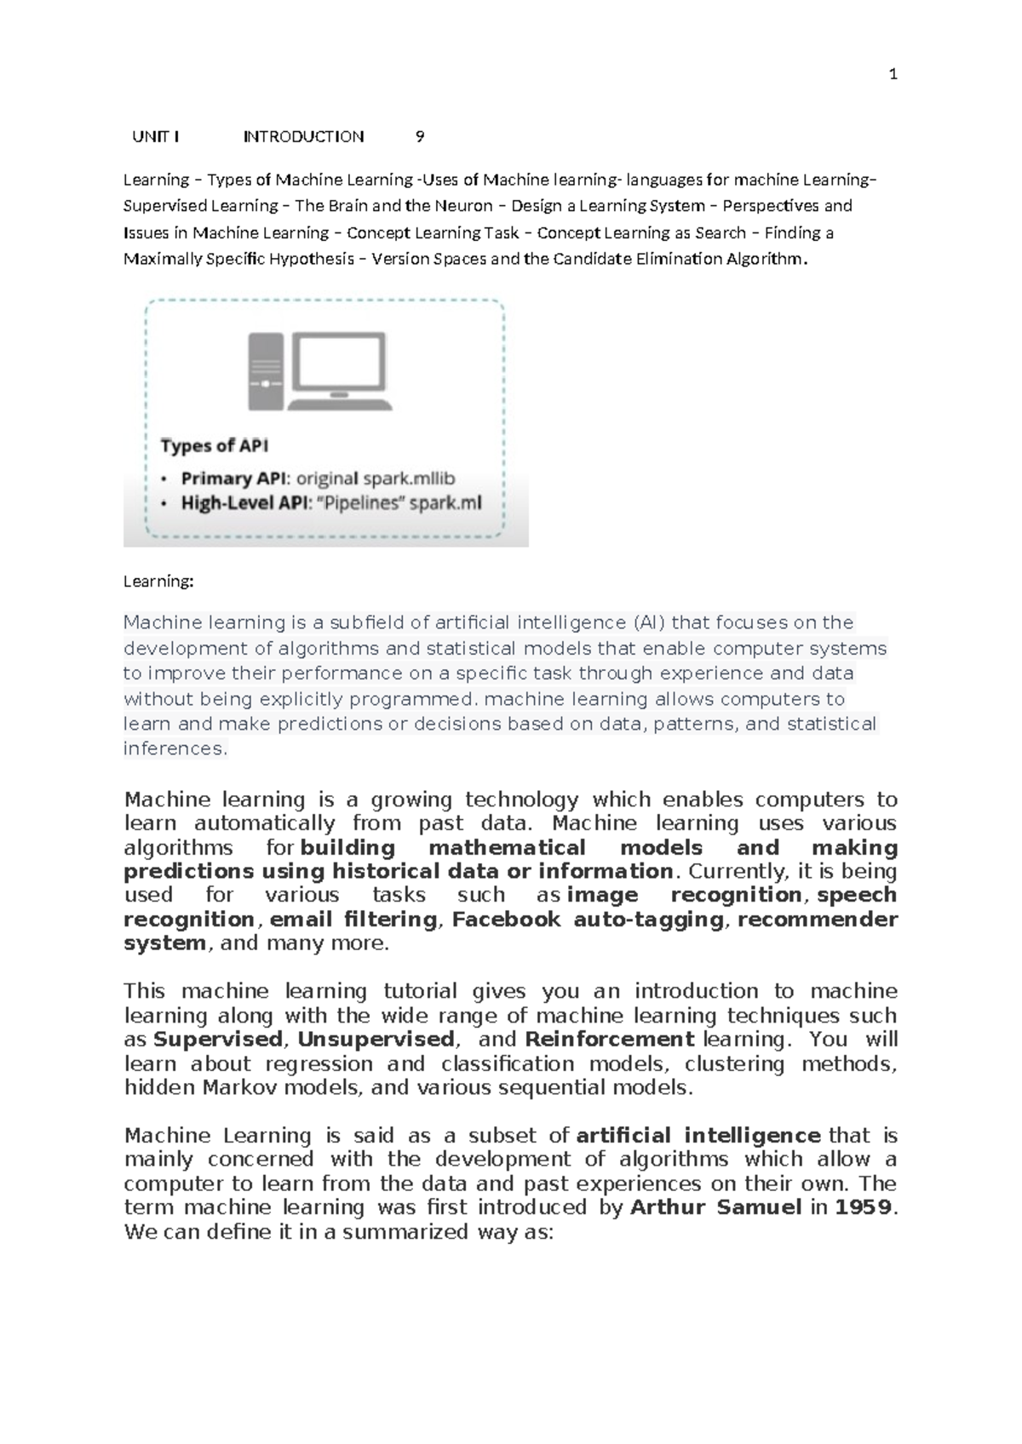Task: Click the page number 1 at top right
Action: pos(893,75)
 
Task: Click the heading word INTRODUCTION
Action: pos(303,137)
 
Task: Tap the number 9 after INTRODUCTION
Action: pos(419,137)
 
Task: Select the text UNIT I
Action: pos(155,137)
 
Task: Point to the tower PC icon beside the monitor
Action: pos(265,372)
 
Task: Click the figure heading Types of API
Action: pos(215,446)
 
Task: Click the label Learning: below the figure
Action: pos(158,582)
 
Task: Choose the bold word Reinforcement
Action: pos(610,1040)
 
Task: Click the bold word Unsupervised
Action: pos(376,1040)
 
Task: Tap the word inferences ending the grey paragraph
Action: pos(174,749)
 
